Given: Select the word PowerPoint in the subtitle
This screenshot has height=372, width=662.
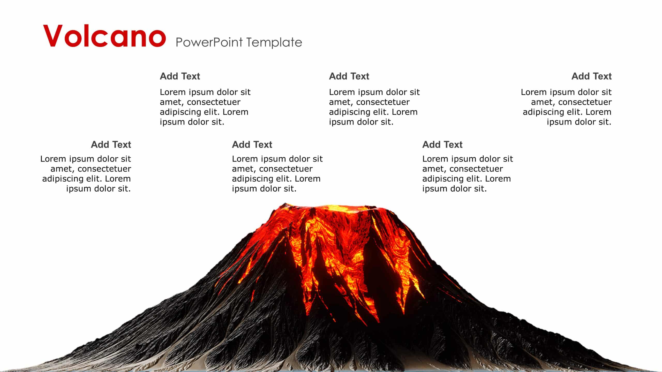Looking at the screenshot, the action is [209, 42].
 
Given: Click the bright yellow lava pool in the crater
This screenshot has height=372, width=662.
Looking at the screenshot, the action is [341, 208].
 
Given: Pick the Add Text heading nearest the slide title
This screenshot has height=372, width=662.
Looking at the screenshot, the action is [180, 76].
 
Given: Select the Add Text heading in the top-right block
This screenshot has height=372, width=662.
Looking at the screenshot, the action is [591, 76].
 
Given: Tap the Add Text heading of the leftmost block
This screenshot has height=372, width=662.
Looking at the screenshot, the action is [111, 144].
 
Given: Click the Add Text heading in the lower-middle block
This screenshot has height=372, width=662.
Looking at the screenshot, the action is [252, 144].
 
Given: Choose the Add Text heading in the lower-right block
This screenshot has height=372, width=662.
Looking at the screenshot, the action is [442, 144].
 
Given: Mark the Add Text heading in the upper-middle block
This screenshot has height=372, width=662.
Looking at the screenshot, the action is [349, 76].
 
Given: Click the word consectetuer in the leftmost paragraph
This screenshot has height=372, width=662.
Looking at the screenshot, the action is [104, 169].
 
